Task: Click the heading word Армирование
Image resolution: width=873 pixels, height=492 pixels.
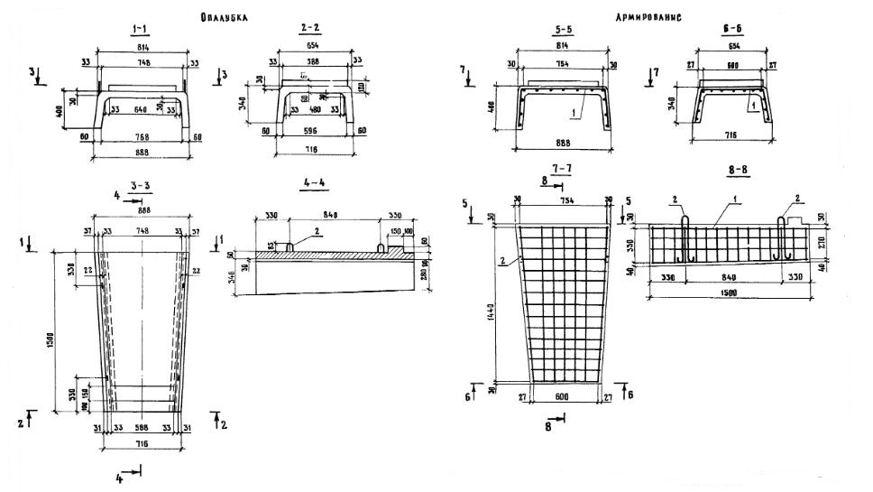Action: tap(648, 16)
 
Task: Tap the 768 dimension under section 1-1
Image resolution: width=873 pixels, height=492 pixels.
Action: tap(141, 137)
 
